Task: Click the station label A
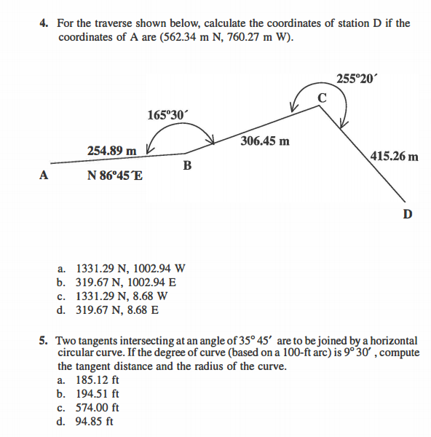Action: tap(44, 175)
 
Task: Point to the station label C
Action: tap(322, 98)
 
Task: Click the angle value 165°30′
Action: tap(167, 114)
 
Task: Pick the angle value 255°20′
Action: tap(358, 78)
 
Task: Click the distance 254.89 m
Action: tap(111, 150)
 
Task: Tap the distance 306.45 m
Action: tap(264, 141)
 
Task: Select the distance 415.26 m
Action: tap(395, 156)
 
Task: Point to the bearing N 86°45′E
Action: tap(115, 176)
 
